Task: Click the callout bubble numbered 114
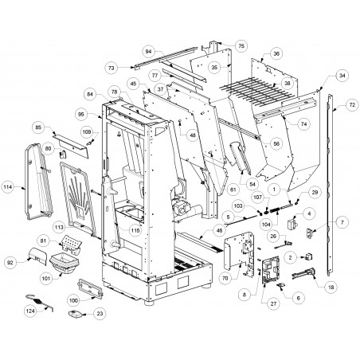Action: point(8,187)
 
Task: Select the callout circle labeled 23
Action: point(100,314)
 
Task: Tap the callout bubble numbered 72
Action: point(352,105)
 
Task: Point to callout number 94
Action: point(148,51)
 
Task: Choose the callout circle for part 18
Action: point(331,287)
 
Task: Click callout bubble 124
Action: point(31,311)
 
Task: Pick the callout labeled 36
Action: point(276,53)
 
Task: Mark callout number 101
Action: point(46,279)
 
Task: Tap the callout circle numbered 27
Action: point(273,303)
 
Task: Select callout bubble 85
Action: point(39,127)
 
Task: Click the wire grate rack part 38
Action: point(256,91)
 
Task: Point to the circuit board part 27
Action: point(271,270)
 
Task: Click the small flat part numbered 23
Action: point(75,314)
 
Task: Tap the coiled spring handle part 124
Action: point(40,302)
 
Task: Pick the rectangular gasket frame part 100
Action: point(90,288)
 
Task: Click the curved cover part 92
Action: point(37,256)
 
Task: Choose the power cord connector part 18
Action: point(303,274)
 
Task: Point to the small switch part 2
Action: point(308,256)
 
